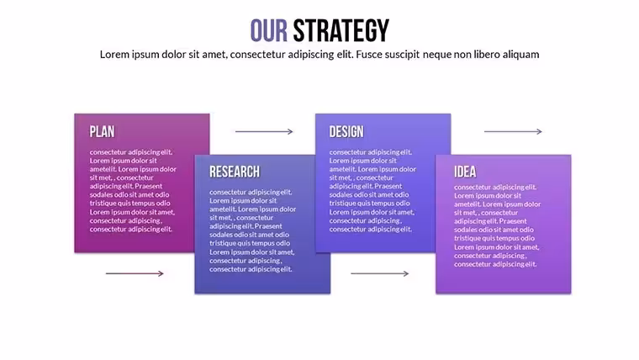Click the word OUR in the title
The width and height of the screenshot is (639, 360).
tap(268, 30)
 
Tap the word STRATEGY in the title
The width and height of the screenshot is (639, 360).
tap(341, 30)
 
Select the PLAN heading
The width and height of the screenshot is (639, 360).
tap(103, 132)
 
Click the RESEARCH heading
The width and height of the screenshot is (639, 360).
tap(235, 172)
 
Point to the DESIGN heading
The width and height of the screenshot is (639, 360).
tap(346, 132)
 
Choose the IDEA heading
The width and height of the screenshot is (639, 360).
tap(465, 172)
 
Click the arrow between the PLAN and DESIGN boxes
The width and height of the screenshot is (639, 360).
tap(264, 132)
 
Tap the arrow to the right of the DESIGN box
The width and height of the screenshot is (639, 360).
tap(513, 132)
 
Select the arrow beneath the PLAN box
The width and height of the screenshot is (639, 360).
tap(135, 273)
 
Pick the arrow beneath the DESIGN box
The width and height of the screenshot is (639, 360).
tap(380, 273)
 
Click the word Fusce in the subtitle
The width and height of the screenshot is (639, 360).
tap(367, 54)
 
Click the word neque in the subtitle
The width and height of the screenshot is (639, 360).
tap(437, 55)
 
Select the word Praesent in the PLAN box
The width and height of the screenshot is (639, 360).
tap(148, 186)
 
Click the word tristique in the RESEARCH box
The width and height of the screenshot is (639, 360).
tap(224, 243)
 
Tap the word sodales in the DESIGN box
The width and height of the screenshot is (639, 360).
tap(341, 194)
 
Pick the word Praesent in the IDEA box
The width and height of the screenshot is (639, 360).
tap(513, 221)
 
